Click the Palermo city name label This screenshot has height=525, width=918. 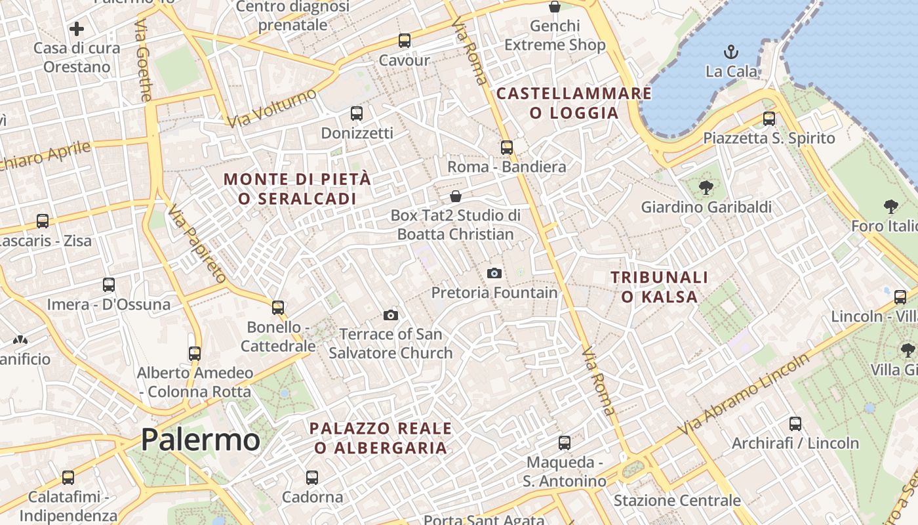[x=200, y=440]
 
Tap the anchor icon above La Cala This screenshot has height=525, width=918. [x=730, y=51]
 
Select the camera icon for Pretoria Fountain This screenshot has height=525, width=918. [x=494, y=273]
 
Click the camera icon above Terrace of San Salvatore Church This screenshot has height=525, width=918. [x=391, y=316]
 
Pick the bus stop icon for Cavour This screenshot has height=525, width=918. [x=405, y=41]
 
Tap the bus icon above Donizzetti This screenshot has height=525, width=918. [x=357, y=114]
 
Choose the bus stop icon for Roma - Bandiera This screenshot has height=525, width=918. [x=506, y=148]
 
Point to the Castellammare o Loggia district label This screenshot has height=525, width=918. [x=574, y=103]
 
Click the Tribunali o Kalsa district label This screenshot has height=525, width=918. [x=659, y=287]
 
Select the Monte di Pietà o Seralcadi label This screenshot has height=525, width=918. [x=298, y=188]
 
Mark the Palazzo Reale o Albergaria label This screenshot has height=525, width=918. [x=380, y=438]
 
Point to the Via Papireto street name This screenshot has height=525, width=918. [x=197, y=244]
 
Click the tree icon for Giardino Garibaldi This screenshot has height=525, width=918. [x=706, y=188]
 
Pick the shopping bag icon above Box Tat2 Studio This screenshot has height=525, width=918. [x=456, y=196]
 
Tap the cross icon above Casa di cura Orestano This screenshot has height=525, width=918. [x=77, y=29]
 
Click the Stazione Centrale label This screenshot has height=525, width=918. [x=677, y=501]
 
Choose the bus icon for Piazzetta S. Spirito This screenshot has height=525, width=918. [x=769, y=119]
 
